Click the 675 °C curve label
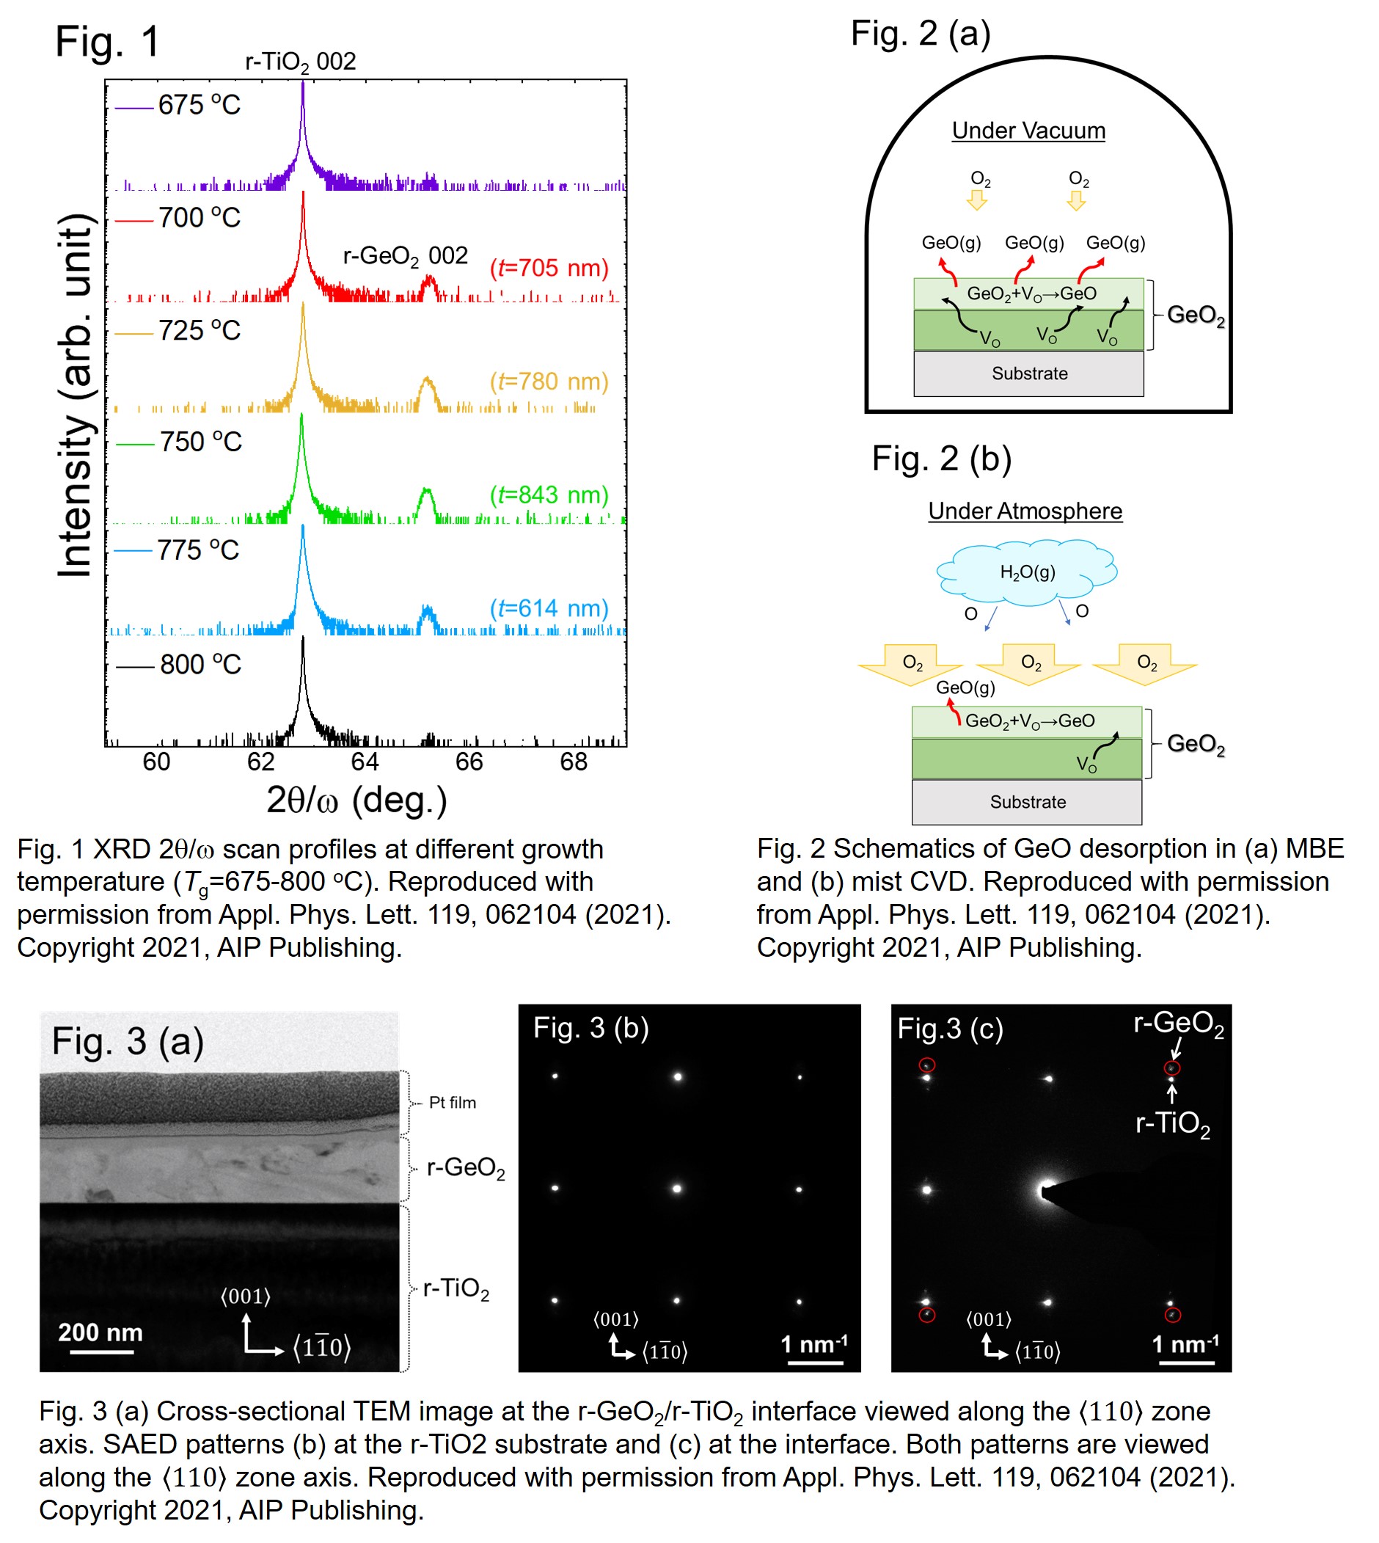point(199,106)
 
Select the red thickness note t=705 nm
point(549,269)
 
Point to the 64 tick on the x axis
point(365,762)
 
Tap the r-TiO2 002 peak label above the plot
point(300,62)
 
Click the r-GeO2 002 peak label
point(406,256)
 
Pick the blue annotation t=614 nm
point(549,608)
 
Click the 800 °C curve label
point(200,665)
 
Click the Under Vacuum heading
point(1028,131)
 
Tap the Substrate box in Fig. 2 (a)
point(1029,373)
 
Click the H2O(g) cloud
point(1028,572)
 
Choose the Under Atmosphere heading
point(1025,511)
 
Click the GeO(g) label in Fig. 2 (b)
point(965,688)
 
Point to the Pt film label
point(453,1103)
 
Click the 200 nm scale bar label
point(100,1332)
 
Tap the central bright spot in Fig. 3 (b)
point(676,1189)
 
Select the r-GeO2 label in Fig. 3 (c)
point(1178,1024)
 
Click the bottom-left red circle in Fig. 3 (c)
point(926,1315)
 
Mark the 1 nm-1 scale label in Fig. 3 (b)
point(813,1344)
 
